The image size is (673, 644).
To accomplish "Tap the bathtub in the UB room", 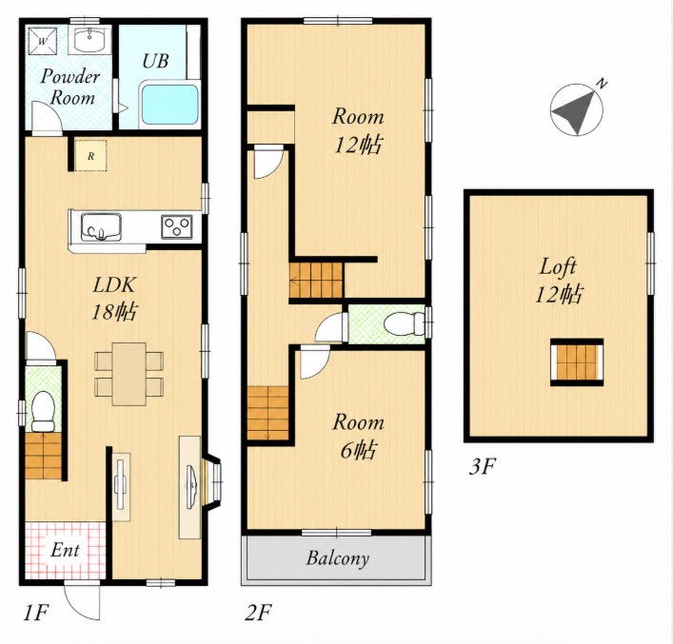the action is [169, 105].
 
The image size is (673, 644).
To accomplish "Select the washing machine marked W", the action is [42, 41].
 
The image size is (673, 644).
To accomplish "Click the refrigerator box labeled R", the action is [90, 155].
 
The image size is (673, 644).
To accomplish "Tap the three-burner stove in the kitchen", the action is [177, 227].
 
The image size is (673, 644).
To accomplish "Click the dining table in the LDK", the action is [129, 374].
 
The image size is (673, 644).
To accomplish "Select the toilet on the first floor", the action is [43, 411].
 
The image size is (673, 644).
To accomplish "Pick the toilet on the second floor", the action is [404, 324].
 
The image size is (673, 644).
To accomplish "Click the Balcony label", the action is [338, 558].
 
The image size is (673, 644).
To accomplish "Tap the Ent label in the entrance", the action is [65, 550].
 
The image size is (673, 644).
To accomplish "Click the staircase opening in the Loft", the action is [577, 362].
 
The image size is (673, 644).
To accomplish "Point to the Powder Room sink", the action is [89, 40].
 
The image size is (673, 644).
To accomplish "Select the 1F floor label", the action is [35, 613].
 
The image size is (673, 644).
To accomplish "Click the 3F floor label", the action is [483, 466].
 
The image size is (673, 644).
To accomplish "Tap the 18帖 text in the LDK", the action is [114, 311].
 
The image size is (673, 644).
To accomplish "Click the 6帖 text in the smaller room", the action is [358, 450].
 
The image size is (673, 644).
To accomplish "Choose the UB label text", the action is [155, 61].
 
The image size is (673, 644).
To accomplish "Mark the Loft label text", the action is [558, 266].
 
